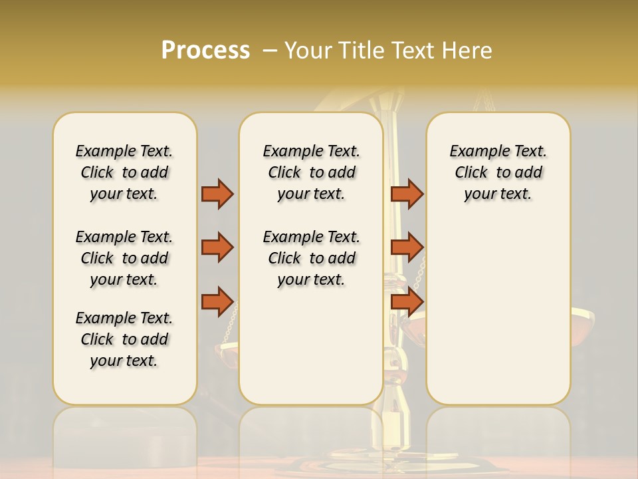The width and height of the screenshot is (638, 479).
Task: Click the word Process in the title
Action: tap(205, 50)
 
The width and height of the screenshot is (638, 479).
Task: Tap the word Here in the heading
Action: tap(467, 51)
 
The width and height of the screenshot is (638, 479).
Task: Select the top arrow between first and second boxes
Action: tap(217, 194)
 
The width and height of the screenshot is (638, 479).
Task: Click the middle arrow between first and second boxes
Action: tap(217, 247)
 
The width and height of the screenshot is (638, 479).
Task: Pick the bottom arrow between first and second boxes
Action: tap(217, 301)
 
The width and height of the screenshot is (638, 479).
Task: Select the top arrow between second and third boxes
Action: tap(407, 194)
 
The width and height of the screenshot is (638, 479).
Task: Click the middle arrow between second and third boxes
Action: tap(407, 247)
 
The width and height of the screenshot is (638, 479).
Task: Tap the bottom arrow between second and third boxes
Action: tap(407, 301)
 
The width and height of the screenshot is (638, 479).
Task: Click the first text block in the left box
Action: tap(124, 172)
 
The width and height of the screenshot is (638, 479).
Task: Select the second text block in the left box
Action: tap(124, 258)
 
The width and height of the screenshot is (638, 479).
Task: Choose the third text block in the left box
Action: tap(124, 339)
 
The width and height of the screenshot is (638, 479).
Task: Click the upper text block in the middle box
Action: tap(311, 172)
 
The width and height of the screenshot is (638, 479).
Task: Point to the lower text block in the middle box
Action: tap(311, 258)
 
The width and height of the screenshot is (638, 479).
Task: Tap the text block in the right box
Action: tap(498, 172)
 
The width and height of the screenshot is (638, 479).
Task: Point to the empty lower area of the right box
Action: tap(498, 313)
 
